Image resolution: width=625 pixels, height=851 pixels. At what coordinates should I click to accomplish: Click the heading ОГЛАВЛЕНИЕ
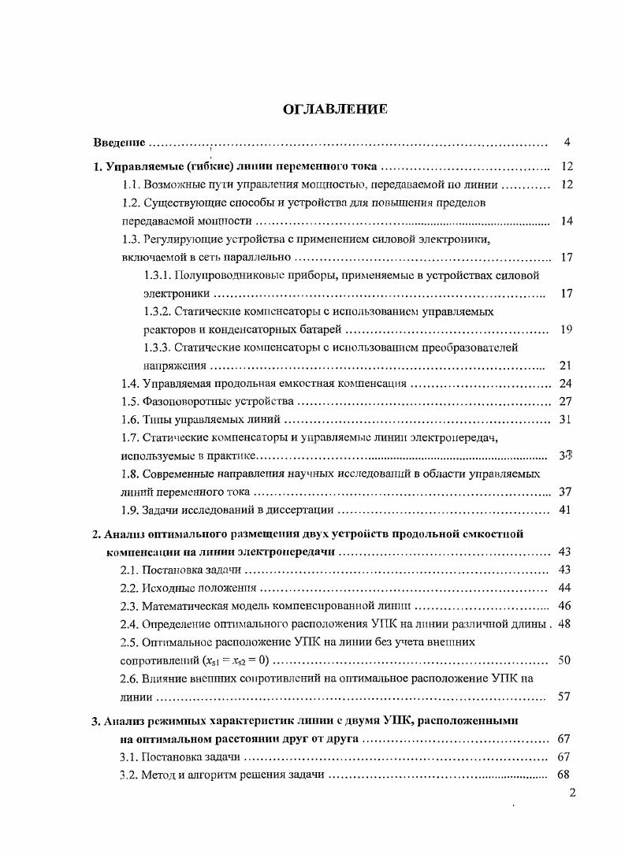pos(335,109)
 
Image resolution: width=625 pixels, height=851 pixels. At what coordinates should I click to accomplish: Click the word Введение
pos(119,143)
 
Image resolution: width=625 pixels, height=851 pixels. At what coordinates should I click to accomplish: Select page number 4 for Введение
pos(567,143)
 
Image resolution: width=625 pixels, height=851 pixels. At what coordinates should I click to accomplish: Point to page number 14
pos(565,221)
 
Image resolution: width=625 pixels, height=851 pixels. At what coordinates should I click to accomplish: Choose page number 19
pos(565,329)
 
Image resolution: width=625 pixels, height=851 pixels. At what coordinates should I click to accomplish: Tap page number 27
pos(565,402)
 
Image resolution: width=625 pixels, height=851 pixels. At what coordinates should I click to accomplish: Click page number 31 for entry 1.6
pos(565,420)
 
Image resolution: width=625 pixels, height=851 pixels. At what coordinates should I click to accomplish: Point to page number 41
pos(565,510)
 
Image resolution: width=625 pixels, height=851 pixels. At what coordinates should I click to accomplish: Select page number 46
pos(565,606)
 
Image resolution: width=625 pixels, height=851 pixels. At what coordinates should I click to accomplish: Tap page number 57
pos(565,697)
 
